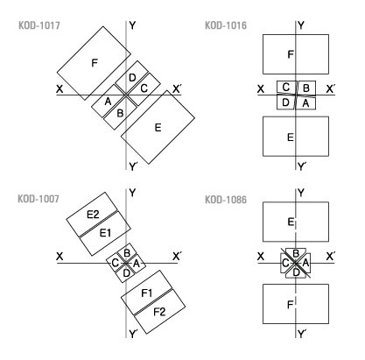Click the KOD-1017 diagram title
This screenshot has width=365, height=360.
click(39, 25)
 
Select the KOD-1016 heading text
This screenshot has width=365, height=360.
click(226, 25)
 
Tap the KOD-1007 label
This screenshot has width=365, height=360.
click(39, 199)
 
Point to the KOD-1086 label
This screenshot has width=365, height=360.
click(226, 200)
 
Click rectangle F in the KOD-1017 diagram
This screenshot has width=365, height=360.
click(94, 63)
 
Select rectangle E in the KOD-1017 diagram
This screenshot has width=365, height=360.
click(158, 127)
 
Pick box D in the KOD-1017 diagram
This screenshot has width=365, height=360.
click(132, 77)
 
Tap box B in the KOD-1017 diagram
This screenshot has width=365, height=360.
click(120, 113)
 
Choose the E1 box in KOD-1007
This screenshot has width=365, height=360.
click(105, 233)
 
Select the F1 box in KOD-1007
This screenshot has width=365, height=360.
click(147, 293)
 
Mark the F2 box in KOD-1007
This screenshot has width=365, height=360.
click(159, 312)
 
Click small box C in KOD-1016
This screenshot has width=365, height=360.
click(286, 88)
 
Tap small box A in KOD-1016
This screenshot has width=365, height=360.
click(305, 103)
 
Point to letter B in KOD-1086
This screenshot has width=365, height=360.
click(295, 253)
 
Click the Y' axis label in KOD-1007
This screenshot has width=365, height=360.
click(133, 334)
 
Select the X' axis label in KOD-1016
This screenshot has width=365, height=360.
click(330, 89)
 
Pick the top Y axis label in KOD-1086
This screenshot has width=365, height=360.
click(301, 193)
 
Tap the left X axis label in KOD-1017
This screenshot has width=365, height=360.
click(60, 89)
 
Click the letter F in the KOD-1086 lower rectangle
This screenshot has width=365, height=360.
click(290, 305)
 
